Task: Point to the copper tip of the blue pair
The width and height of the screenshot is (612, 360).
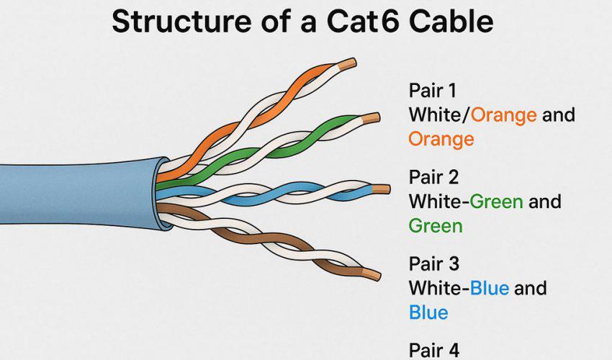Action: [382, 189]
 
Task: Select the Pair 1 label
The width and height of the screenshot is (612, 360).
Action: [433, 91]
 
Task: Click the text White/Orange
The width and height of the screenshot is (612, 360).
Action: [472, 114]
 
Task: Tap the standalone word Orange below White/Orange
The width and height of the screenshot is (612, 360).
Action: [441, 138]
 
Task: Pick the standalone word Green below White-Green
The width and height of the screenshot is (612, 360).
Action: [436, 225]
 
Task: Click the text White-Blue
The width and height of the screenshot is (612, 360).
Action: [459, 288]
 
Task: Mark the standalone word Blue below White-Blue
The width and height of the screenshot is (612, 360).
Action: [428, 312]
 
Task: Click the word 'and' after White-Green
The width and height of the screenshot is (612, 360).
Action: [545, 201]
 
